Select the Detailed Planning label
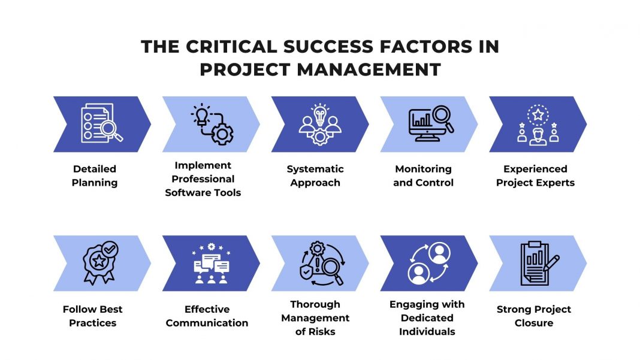pyautogui.click(x=95, y=176)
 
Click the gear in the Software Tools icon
pyautogui.click(x=222, y=133)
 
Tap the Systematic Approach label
pyautogui.click(x=315, y=176)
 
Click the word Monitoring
pyautogui.click(x=423, y=169)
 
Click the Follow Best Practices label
pyautogui.click(x=92, y=316)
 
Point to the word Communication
pyautogui.click(x=207, y=323)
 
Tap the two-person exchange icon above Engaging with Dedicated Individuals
pyautogui.click(x=429, y=262)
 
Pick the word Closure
pyautogui.click(x=533, y=323)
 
